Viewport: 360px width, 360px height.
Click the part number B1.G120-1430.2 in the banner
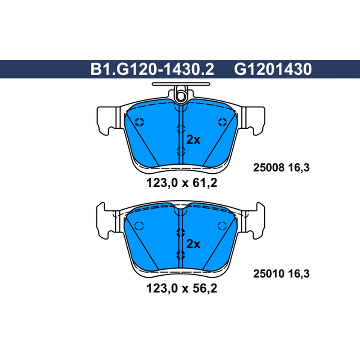tap(152, 69)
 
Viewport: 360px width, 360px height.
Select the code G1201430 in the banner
tap(273, 69)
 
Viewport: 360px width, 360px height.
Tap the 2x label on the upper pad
tap(193, 139)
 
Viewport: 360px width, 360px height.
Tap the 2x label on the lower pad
tap(193, 244)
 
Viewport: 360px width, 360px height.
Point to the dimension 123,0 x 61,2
tap(182, 183)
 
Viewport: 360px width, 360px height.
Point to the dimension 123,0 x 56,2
tap(182, 288)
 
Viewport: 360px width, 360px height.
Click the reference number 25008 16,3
tap(281, 167)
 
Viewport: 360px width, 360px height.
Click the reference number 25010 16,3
tap(281, 274)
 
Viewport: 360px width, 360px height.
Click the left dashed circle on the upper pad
tap(139, 122)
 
